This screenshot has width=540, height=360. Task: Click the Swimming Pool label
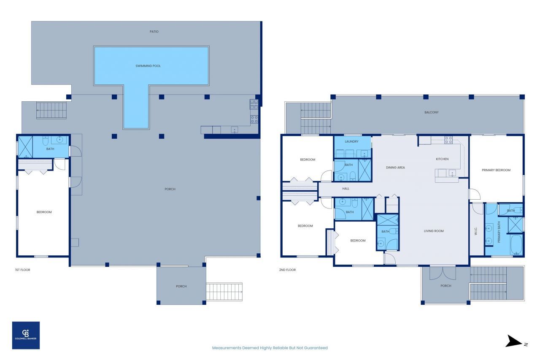[148, 66]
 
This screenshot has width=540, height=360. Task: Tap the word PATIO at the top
[154, 32]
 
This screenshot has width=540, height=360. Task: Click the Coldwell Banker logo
[26, 335]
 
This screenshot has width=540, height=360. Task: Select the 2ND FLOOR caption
[287, 270]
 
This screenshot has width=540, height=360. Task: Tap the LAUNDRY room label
[351, 141]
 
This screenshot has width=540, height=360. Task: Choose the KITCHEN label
[442, 159]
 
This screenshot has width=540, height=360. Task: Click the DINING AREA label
[395, 168]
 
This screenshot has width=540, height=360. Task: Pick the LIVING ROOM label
[434, 231]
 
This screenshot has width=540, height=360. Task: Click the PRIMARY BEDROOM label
[496, 170]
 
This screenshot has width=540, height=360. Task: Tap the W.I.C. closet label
[475, 231]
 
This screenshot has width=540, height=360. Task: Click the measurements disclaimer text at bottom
[270, 348]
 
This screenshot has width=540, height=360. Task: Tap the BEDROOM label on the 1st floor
[43, 212]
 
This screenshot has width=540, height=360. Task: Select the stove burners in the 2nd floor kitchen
[448, 140]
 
